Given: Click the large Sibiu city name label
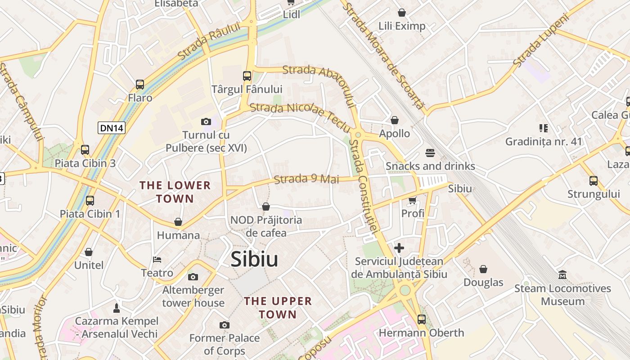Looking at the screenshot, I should click(x=254, y=260).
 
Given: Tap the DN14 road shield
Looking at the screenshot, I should click(x=112, y=128).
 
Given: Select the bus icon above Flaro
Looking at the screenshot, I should click(x=140, y=84).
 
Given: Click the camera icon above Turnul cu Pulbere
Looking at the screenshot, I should click(x=206, y=121).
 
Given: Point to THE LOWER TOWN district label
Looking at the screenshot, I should click(x=175, y=192).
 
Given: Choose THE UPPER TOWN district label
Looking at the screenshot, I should click(x=278, y=308).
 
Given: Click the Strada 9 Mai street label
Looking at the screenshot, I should click(x=306, y=179).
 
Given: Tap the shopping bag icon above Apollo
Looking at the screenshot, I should click(x=395, y=120).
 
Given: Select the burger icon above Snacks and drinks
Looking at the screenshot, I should click(x=430, y=153).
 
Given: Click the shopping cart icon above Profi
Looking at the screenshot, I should click(x=412, y=200).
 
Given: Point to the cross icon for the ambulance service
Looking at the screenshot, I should click(x=399, y=247).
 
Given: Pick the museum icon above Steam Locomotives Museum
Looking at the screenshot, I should click(x=562, y=274).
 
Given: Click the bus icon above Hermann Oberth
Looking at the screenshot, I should click(x=421, y=319).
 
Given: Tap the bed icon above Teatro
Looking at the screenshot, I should click(x=157, y=260).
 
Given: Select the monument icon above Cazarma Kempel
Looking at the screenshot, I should click(x=117, y=308).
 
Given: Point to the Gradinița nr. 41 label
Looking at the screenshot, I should click(x=544, y=142).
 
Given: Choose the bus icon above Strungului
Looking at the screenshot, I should click(x=594, y=181).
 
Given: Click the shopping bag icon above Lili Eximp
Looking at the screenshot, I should click(x=401, y=13).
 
